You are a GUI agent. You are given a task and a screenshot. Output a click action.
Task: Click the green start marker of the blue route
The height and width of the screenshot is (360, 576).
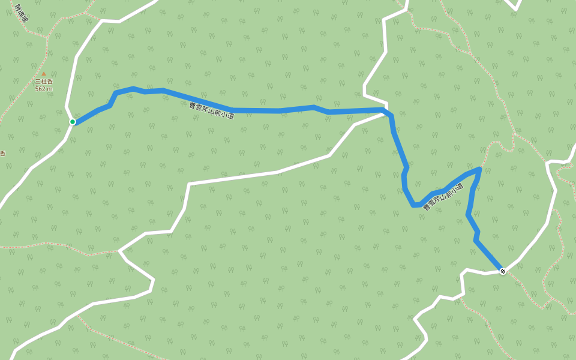[73, 122]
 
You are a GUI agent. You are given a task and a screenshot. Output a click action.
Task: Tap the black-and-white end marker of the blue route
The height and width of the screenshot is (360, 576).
[503, 271]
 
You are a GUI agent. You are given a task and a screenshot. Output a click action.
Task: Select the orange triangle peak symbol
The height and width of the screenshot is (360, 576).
[43, 74]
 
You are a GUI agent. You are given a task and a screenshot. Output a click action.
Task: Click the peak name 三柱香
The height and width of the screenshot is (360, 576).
[44, 82]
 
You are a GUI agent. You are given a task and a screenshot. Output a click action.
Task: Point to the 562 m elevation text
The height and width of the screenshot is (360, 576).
[44, 89]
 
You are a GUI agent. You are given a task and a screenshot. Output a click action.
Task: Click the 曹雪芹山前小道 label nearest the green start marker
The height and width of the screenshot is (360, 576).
[212, 110]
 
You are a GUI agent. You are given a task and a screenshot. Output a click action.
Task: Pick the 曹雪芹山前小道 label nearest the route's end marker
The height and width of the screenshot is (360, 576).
[443, 197]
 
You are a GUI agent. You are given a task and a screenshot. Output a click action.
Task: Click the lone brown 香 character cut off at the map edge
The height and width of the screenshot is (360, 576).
[2, 153]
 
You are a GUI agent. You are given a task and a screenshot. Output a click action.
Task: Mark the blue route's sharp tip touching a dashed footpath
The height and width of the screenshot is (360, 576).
[480, 169]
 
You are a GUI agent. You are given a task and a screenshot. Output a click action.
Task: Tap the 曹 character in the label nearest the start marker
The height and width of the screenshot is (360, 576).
[192, 105]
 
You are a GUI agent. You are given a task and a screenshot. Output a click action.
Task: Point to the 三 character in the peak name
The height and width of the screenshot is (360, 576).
[38, 82]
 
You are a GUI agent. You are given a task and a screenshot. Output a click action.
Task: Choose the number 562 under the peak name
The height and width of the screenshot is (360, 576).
[41, 89]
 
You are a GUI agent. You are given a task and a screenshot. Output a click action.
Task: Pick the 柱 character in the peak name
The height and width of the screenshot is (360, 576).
[44, 82]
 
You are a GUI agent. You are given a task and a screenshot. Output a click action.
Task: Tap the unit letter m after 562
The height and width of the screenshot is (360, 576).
[50, 89]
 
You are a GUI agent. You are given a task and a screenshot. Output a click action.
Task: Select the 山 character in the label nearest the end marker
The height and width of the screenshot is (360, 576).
[441, 198]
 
